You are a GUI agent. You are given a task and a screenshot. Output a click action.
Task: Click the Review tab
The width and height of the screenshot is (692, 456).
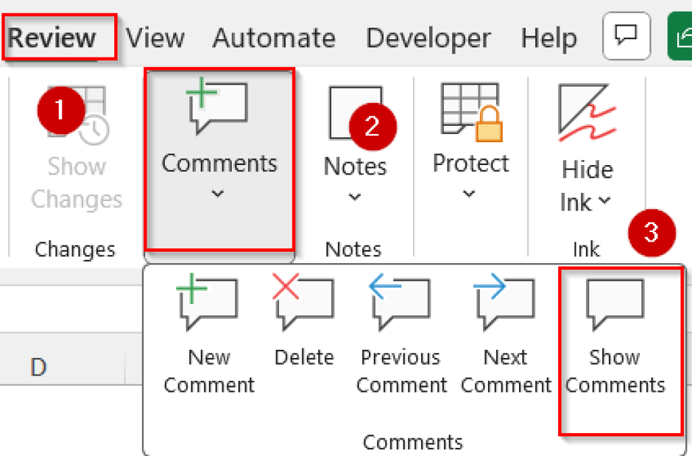pos(51,38)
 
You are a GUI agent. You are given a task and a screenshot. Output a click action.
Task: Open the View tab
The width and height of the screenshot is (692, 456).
pos(155,38)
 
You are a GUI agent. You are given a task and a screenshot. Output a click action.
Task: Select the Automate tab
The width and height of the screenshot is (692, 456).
pos(274,38)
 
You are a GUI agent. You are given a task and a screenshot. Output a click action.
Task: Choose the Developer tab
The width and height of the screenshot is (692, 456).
pos(428,39)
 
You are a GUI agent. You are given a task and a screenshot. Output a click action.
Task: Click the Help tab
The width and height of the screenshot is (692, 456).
pos(549,39)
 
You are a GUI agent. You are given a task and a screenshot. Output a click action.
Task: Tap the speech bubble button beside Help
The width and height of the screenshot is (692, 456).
pos(626,36)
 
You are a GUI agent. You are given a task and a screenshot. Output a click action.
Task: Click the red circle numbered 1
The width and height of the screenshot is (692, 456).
pos(61,110)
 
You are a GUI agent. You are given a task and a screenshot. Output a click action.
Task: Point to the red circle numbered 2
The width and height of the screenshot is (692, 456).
pos(372,127)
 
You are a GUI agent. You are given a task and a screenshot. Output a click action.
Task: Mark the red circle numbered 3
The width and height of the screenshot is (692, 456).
pos(652,233)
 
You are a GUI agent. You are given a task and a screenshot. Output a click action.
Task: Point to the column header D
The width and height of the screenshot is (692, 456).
pos(39,367)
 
